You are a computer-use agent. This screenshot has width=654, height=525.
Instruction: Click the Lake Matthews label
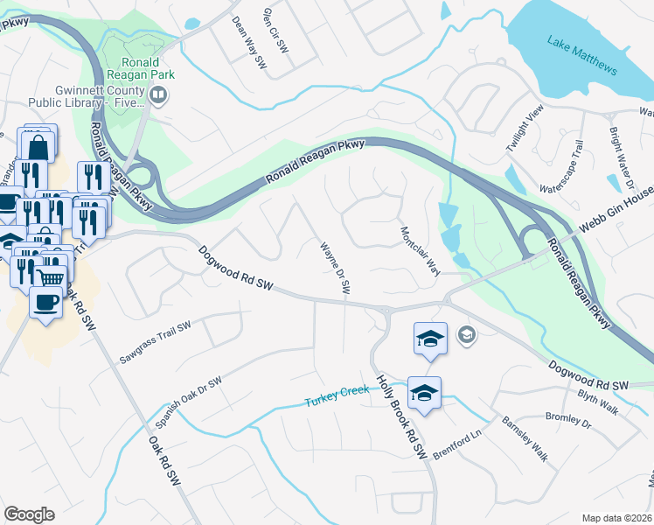(x=581, y=55)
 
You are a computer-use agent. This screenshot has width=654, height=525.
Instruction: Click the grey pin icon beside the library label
(x=158, y=98)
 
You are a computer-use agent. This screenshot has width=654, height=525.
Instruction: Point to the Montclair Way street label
(x=419, y=251)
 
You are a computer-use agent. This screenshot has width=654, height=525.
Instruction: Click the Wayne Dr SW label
(x=334, y=267)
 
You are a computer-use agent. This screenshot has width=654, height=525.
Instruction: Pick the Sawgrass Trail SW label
(x=155, y=342)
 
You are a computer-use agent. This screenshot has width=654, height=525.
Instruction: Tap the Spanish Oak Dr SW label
(x=189, y=402)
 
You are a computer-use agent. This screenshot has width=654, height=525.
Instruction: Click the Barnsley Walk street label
(x=524, y=438)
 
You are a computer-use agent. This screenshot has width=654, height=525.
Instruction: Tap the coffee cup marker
(x=44, y=302)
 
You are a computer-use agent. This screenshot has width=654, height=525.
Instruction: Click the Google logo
(x=30, y=514)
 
